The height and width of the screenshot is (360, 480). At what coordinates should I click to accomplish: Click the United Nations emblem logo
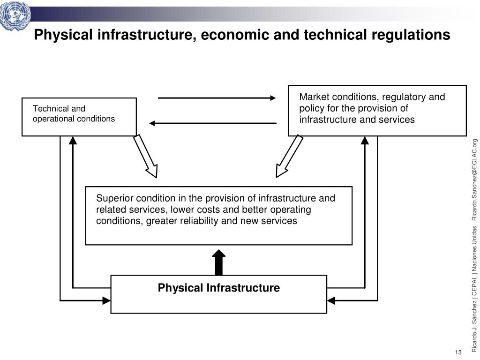coord(15,15)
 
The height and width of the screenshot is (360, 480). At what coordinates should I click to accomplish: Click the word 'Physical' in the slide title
coord(63,35)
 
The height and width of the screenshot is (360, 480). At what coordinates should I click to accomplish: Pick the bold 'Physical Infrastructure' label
coord(218,288)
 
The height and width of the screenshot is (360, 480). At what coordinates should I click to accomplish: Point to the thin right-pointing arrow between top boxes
coord(217,98)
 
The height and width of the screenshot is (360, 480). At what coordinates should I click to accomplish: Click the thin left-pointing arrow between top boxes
coord(213,123)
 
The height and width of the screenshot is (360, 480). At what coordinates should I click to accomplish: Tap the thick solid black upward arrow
coord(219,262)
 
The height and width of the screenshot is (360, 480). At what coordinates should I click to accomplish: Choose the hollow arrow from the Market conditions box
coord(289,157)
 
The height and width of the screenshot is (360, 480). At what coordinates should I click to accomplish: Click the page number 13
coord(458,352)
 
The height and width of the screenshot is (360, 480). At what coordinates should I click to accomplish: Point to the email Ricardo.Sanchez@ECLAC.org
coord(474,180)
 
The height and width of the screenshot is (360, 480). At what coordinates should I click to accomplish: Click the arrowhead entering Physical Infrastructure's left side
coord(106,300)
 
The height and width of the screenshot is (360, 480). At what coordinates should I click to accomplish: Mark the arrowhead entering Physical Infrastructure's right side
coord(331,300)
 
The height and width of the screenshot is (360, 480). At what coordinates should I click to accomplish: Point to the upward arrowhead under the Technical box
coord(73,141)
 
